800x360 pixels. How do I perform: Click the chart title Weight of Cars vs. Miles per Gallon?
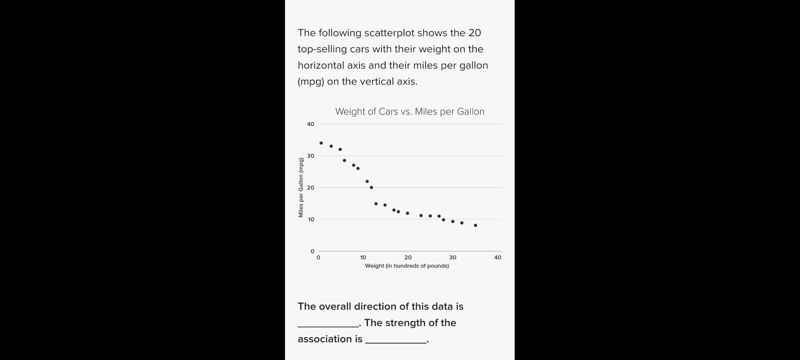[410, 112]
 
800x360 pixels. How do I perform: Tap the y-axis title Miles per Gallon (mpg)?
[301, 187]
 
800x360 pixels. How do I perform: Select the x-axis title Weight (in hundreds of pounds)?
[407, 266]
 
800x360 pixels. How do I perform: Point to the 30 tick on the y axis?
[311, 156]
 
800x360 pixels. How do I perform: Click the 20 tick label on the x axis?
[408, 258]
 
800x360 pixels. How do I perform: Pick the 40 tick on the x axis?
[497, 258]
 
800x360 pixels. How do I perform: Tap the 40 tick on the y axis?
[311, 124]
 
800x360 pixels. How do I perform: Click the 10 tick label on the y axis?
[311, 220]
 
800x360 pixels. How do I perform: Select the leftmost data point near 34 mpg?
[321, 143]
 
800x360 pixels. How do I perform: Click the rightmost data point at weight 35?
[475, 226]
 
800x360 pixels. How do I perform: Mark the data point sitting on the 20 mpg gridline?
[371, 188]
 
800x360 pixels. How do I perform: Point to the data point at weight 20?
[407, 213]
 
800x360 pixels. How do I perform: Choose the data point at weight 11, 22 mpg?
[367, 182]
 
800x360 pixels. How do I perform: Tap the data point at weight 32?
[462, 223]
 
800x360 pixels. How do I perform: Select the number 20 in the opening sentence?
[474, 33]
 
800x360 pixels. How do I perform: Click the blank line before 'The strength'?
[328, 324]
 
